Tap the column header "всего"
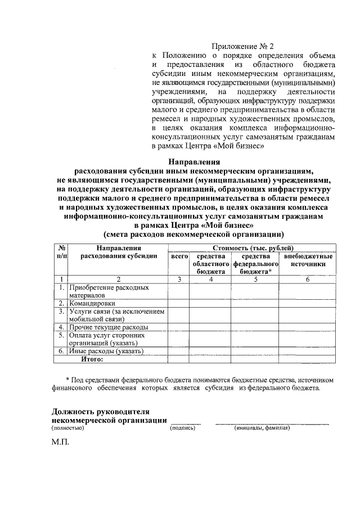179,257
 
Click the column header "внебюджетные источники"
308,260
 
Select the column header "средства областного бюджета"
210,264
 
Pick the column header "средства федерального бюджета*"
255,264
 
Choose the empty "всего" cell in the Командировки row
179,303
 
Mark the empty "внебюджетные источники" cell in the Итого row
308,358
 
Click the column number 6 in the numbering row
308,278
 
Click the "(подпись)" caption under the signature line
182,428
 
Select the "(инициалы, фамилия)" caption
262,428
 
